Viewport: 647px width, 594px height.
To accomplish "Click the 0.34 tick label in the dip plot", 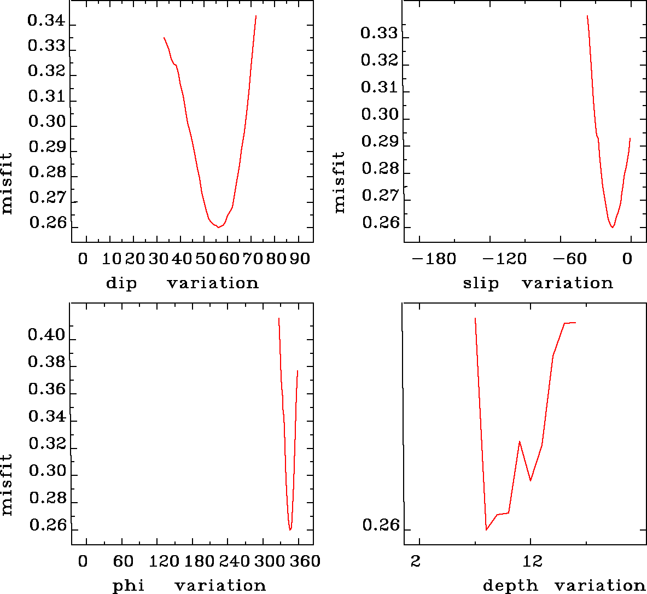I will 46,21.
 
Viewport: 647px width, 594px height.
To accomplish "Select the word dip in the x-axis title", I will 121,283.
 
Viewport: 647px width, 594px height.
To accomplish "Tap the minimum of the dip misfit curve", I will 218,226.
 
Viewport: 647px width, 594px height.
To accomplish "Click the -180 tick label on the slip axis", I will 433,258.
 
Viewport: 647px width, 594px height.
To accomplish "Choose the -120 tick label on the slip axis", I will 504,258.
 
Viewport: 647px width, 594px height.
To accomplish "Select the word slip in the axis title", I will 481,283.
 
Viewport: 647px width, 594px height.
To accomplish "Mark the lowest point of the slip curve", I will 613,227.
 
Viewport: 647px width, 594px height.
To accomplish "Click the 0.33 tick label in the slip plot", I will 379,33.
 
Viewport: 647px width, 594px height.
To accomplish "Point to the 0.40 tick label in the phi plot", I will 46,334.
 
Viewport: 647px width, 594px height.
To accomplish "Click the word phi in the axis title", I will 129,586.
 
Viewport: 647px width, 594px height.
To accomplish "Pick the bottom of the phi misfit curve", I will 290,529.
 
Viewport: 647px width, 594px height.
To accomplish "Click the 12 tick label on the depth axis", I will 532,561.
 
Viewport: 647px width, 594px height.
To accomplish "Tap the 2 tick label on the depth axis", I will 417,561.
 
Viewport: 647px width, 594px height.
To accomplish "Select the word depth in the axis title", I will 510,586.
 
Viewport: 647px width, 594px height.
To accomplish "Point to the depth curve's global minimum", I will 486,529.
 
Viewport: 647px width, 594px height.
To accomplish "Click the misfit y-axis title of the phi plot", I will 7,484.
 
